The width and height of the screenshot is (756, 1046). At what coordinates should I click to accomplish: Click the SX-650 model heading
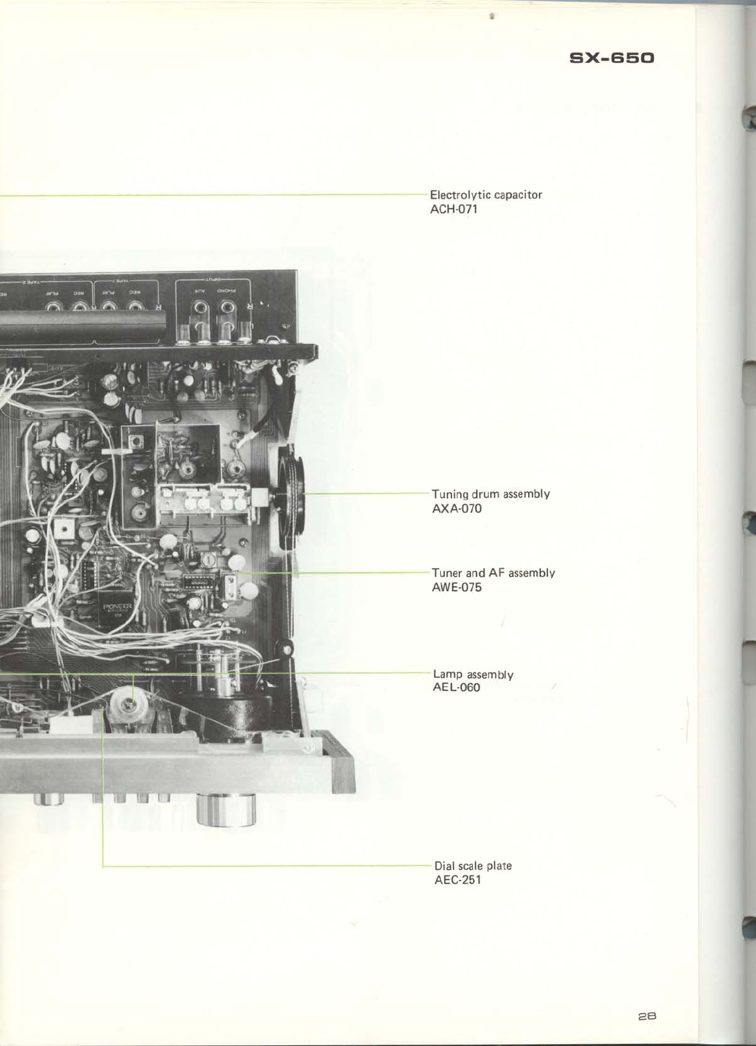(x=612, y=58)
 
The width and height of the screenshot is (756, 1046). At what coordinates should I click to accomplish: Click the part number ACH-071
(x=453, y=210)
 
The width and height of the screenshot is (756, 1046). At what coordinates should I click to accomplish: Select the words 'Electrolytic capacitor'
(x=485, y=195)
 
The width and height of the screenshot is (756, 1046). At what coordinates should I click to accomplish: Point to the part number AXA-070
(x=457, y=509)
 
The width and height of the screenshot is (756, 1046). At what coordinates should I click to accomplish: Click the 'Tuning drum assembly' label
(x=491, y=494)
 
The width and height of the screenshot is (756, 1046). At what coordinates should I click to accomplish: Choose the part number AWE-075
(x=457, y=587)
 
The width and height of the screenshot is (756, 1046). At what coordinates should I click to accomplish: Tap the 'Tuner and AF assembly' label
(x=493, y=573)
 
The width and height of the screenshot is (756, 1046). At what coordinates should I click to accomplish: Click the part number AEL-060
(x=456, y=687)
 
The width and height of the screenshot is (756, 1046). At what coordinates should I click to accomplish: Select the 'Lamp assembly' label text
(x=473, y=674)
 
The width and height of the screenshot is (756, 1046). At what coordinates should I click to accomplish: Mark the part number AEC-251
(x=457, y=879)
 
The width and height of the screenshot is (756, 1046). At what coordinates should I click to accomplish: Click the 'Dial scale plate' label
(x=473, y=866)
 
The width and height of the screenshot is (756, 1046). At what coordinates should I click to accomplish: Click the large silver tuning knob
(x=226, y=810)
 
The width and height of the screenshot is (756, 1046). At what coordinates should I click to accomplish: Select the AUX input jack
(x=199, y=307)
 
